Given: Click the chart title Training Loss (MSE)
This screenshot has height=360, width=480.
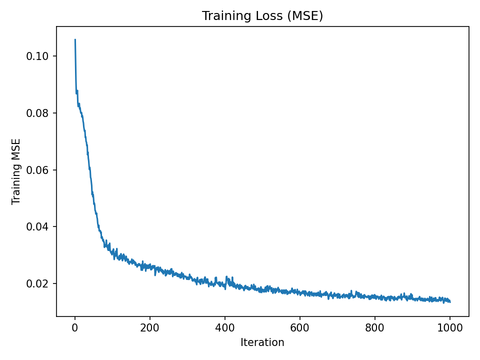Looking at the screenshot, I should pos(262,16).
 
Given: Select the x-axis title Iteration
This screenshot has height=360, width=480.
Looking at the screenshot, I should pos(262,342).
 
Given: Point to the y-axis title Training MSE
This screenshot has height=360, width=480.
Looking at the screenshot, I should pos(16,171).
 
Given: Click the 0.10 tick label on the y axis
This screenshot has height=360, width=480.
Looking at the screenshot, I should pos(37,56).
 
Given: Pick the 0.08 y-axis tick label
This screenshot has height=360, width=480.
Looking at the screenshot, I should pos(37,113).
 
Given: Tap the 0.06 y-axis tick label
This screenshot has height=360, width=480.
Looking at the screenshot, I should pos(37,170).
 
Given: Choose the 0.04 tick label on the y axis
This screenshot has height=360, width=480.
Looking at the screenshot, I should pos(37,227).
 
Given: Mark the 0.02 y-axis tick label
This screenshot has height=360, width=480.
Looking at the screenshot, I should pos(37,284).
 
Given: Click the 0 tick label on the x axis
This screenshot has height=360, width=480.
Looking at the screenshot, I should pos(75,328).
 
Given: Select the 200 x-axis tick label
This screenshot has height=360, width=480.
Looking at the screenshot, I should pos(150,328).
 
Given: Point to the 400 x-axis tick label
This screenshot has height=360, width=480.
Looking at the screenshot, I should pos(225,328).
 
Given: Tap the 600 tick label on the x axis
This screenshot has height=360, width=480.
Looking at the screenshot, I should pos(300,328).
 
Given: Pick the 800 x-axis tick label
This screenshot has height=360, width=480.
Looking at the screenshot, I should pos(375,328).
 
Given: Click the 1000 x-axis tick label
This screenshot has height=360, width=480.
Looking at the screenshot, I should pos(450,328).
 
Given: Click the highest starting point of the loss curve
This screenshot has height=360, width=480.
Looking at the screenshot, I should pos(75,39).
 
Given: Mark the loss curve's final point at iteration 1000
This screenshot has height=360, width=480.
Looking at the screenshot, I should pos(450,301).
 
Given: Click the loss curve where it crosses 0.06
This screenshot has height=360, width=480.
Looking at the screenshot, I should pos(90,170).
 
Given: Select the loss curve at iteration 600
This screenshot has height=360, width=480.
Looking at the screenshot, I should pos(300,292).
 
